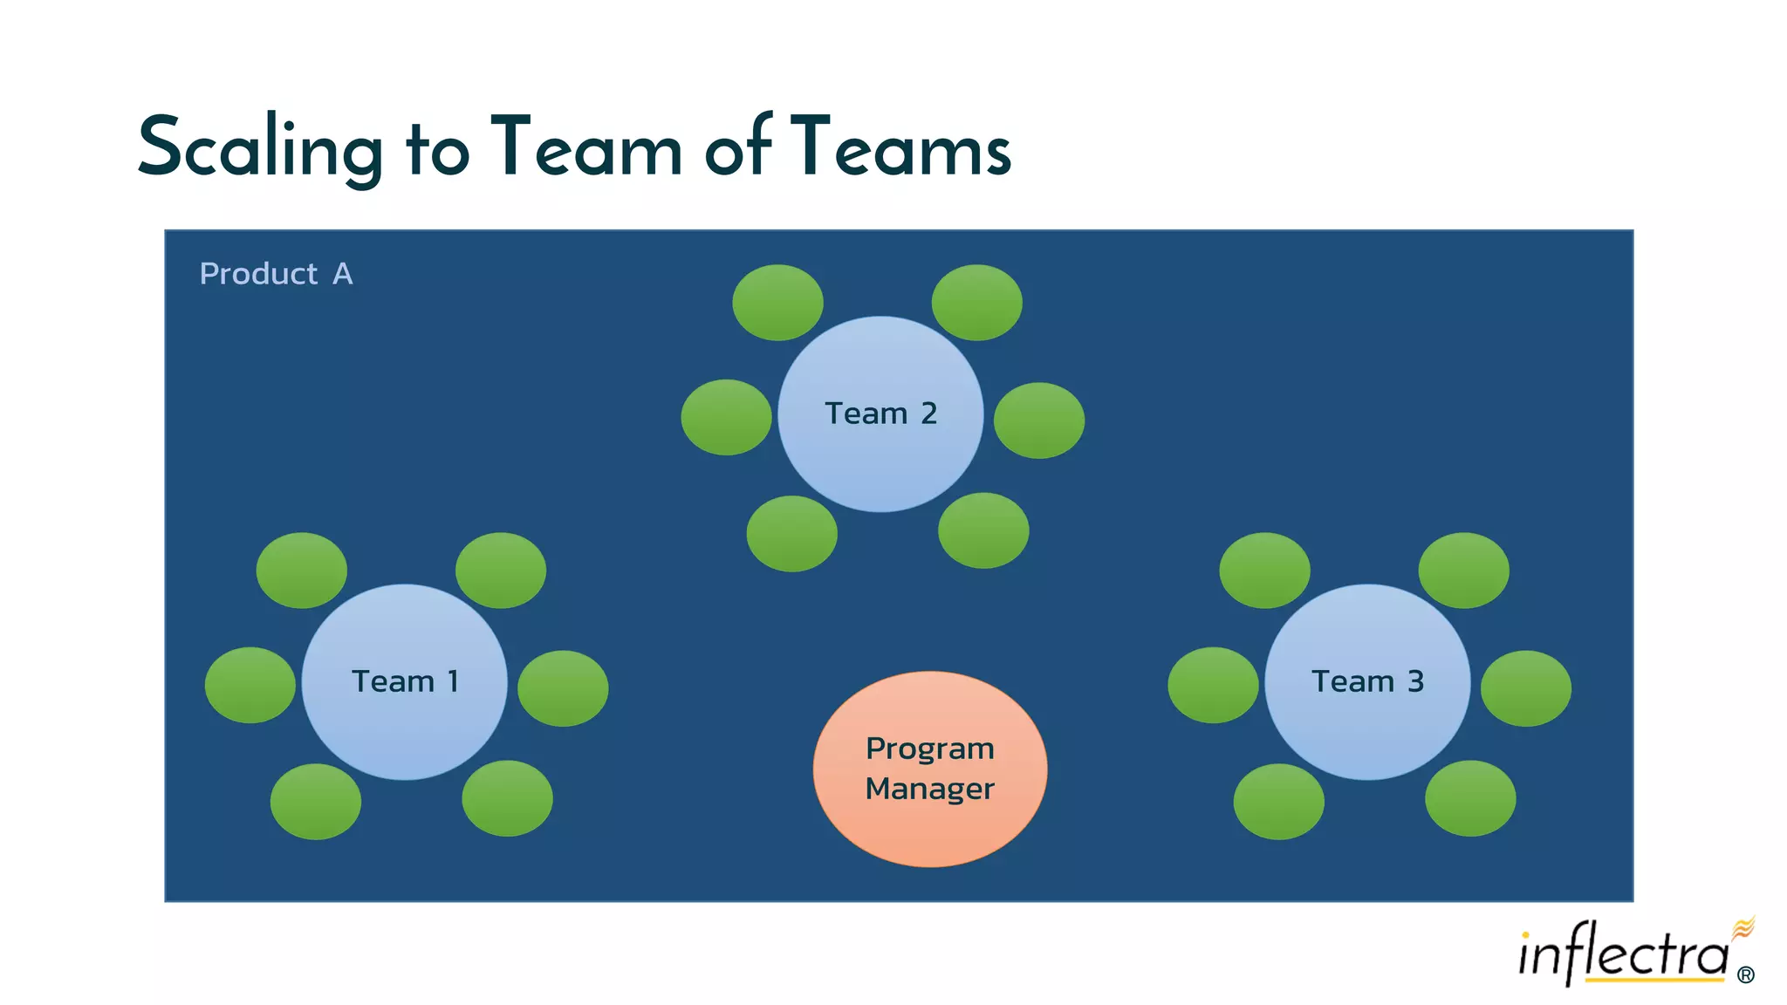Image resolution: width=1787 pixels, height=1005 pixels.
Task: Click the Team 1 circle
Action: coord(404,681)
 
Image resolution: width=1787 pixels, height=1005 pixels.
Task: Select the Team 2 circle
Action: coord(880,414)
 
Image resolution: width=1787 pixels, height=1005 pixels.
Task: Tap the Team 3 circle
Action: coord(1367,681)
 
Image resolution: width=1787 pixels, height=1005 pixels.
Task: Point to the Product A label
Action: coord(276,274)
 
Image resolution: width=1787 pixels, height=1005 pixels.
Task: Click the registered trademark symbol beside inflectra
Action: coord(1745,974)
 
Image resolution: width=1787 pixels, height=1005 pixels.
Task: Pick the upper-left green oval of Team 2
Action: coord(777,302)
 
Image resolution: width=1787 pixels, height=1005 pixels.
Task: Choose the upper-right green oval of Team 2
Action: coord(976,302)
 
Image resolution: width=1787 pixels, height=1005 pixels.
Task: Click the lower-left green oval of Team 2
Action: coord(791,533)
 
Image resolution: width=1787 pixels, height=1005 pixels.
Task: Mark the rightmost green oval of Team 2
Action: coord(1038,420)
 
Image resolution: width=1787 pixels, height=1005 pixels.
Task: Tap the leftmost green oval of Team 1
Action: coord(250,685)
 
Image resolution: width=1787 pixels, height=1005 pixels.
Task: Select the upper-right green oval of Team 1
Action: coord(501,570)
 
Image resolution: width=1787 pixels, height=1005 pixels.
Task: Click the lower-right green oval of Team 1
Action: coord(507,798)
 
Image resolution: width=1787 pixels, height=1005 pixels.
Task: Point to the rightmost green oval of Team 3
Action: coord(1525,687)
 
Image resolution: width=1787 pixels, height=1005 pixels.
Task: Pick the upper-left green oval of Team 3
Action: coord(1264,570)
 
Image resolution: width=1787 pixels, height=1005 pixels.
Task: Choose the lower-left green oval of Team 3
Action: coord(1278,801)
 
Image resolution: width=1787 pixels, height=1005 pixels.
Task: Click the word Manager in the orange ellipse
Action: coord(930,789)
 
